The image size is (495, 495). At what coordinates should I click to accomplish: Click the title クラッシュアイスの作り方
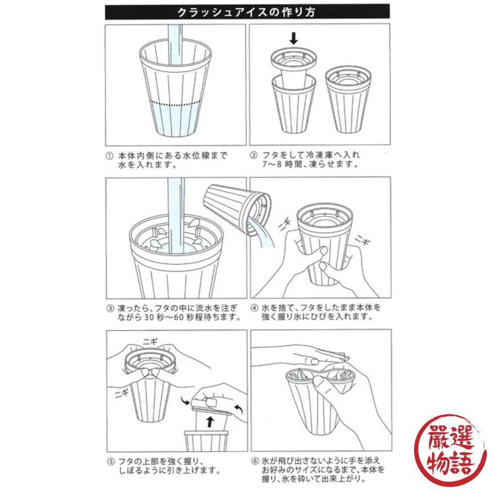(x=247, y=11)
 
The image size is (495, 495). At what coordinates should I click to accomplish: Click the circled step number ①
(x=109, y=155)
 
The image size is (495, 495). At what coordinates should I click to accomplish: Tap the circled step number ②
(x=253, y=155)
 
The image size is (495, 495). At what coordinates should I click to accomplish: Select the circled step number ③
(x=109, y=308)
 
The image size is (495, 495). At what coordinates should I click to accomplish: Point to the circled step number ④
(x=253, y=308)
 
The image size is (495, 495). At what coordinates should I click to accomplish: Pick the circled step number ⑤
(x=109, y=460)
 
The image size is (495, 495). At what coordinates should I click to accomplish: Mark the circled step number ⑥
(x=253, y=460)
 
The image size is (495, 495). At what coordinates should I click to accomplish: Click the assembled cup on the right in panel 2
(x=347, y=99)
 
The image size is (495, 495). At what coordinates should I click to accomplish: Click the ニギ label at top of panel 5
(x=149, y=340)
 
